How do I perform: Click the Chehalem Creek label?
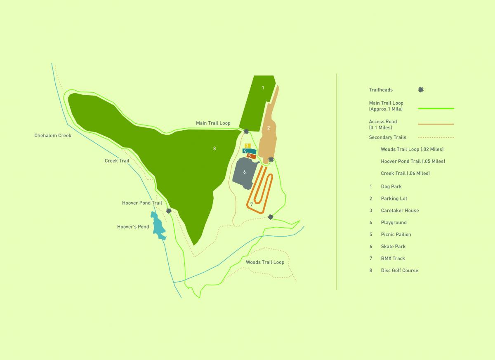(53, 136)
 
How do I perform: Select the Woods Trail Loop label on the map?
(265, 262)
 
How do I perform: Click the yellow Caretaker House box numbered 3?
(247, 146)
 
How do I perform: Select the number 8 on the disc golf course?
(214, 148)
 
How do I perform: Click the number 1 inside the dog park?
(263, 87)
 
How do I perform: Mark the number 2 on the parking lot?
(269, 128)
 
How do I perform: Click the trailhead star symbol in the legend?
(421, 89)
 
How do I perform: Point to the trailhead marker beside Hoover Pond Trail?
(169, 211)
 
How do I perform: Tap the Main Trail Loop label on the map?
(213, 123)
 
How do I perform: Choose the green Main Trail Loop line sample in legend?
(436, 108)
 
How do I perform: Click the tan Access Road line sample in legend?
(436, 124)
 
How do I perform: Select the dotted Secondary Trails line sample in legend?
(436, 137)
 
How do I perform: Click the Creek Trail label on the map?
(117, 161)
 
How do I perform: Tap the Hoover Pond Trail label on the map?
(142, 203)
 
